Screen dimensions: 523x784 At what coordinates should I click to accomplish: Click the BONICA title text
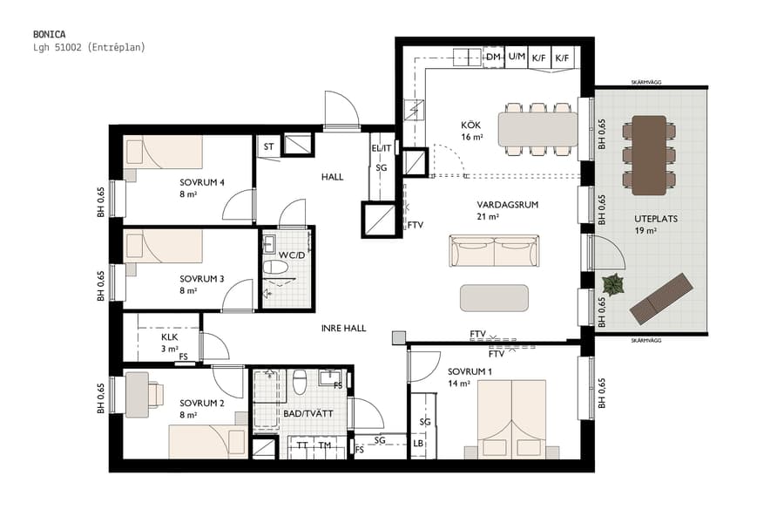pos(48,34)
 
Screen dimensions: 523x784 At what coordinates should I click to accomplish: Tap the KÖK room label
pos(471,125)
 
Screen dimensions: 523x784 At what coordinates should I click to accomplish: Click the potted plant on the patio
pos(613,284)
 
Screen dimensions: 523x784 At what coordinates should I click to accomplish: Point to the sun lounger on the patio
pos(663,296)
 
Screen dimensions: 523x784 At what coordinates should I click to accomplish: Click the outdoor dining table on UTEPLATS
pos(649,154)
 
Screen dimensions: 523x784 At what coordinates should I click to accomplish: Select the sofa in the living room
pos(494,251)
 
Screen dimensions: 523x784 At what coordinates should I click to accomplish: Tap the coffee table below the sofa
pos(494,297)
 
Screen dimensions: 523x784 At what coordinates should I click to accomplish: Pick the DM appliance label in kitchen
pos(494,58)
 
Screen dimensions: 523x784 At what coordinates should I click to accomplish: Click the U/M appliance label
pos(517,58)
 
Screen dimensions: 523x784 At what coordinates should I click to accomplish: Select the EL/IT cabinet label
pos(381,148)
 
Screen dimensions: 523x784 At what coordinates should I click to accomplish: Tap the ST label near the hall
pos(268,146)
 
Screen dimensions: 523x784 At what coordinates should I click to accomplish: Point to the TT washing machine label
pos(302,445)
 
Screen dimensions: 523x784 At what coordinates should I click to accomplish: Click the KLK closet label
pos(170,337)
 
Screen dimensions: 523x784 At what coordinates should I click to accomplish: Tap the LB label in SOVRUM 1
pos(419,445)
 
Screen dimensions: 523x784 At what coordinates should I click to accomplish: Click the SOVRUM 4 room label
pos(202,182)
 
